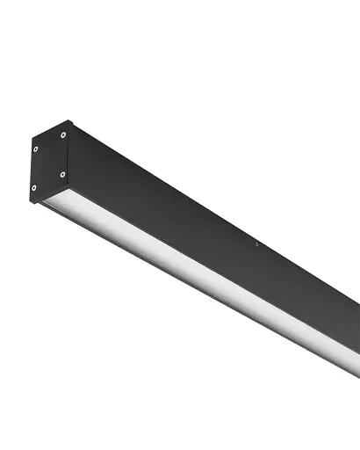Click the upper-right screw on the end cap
(x=63, y=134)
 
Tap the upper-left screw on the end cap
(x=36, y=149)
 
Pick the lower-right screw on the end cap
(x=63, y=174)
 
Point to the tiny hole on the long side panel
(x=255, y=243)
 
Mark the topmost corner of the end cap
(x=68, y=120)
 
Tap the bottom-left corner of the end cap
(x=31, y=203)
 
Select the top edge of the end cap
(x=50, y=128)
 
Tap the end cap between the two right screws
(x=63, y=155)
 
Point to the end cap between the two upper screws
(x=50, y=142)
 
